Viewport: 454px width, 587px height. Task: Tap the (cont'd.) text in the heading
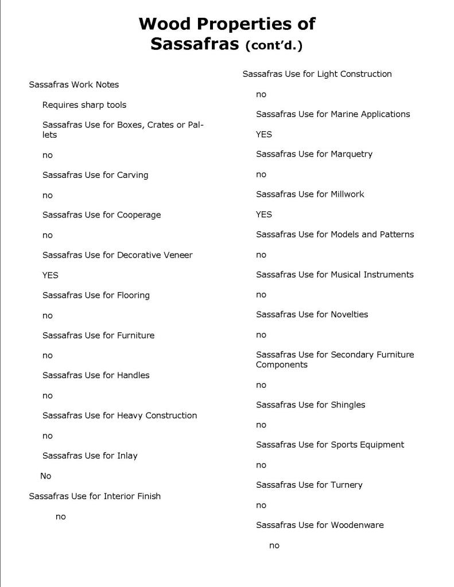[x=273, y=45]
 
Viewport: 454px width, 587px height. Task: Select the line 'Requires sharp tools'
[x=84, y=105]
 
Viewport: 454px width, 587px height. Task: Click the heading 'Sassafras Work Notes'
[x=74, y=84]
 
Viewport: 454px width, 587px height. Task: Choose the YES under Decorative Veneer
[x=51, y=275]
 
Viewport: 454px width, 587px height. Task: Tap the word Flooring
[x=133, y=296]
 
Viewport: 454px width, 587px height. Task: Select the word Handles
[x=133, y=375]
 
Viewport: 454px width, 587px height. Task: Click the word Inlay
[x=127, y=456]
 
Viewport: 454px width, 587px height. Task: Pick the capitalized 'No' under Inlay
[x=46, y=476]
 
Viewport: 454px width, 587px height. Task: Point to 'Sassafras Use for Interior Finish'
[x=95, y=496]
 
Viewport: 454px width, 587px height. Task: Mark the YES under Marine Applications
[x=264, y=134]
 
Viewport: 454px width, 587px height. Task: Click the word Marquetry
[x=352, y=154]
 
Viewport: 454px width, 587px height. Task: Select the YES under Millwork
[x=264, y=215]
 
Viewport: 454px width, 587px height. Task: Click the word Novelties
[x=350, y=314]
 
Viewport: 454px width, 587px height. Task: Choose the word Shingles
[x=348, y=405]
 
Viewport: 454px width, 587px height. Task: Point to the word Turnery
[x=347, y=485]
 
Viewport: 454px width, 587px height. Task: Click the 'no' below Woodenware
[x=274, y=546]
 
